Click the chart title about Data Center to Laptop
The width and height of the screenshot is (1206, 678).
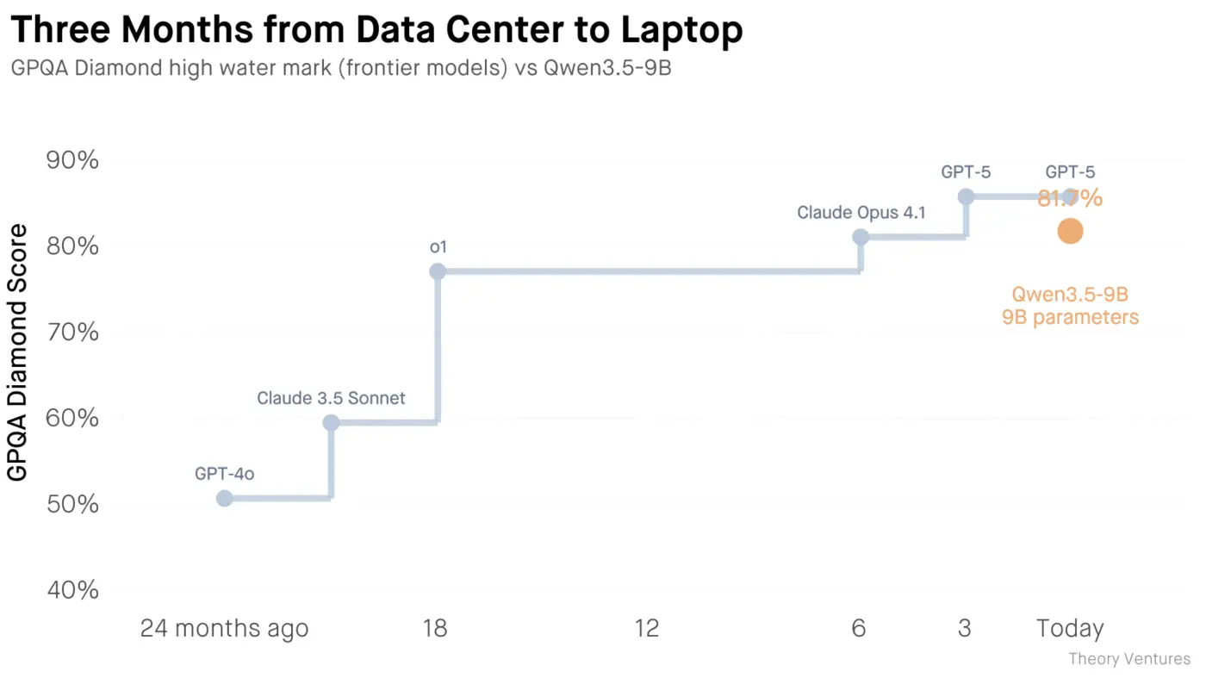[376, 31]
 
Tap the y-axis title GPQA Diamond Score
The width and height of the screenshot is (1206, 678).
[18, 352]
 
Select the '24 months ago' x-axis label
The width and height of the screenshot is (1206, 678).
[224, 629]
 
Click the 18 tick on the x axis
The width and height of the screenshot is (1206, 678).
[435, 629]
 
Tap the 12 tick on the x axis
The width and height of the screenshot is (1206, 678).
[647, 629]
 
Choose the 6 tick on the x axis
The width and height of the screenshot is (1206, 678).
[858, 629]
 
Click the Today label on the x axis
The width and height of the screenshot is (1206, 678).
[1069, 629]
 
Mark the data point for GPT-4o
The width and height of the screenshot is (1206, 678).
[224, 498]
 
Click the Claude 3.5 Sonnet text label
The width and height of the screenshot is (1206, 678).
[331, 399]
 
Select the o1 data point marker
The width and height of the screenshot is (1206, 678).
[438, 271]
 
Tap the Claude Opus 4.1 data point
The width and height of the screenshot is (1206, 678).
[861, 237]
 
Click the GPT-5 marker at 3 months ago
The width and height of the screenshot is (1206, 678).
[966, 196]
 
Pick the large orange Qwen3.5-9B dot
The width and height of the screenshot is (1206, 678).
[1070, 231]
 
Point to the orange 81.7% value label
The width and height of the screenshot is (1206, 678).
[1070, 199]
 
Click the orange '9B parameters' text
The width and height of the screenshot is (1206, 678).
[1070, 318]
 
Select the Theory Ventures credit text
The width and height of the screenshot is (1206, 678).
[1129, 659]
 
